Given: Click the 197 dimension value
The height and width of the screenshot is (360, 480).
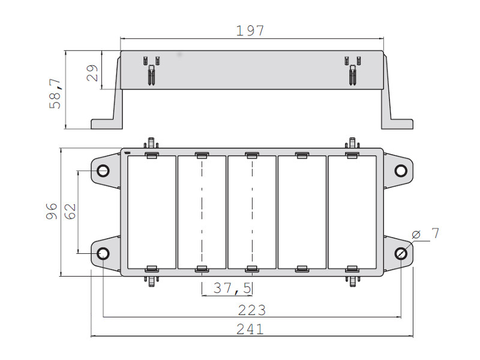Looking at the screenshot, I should click(250, 31).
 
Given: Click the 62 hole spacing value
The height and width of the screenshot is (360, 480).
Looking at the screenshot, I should click(70, 211).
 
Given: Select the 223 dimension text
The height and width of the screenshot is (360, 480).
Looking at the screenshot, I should click(251, 310).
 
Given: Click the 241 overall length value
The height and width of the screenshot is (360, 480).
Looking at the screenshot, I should click(251, 329).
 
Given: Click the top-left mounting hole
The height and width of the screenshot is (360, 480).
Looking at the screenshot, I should click(103, 171).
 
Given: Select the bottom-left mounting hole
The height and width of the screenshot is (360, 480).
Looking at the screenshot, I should click(103, 253).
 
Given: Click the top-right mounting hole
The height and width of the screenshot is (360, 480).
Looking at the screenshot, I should click(400, 171).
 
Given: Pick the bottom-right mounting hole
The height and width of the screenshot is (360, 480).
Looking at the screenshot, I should click(400, 253).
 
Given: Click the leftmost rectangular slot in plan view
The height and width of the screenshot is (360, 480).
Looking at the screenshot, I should click(151, 212).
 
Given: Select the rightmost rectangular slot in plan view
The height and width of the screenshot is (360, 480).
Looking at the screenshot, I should click(352, 212).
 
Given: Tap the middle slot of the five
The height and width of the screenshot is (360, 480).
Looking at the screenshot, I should click(252, 212).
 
